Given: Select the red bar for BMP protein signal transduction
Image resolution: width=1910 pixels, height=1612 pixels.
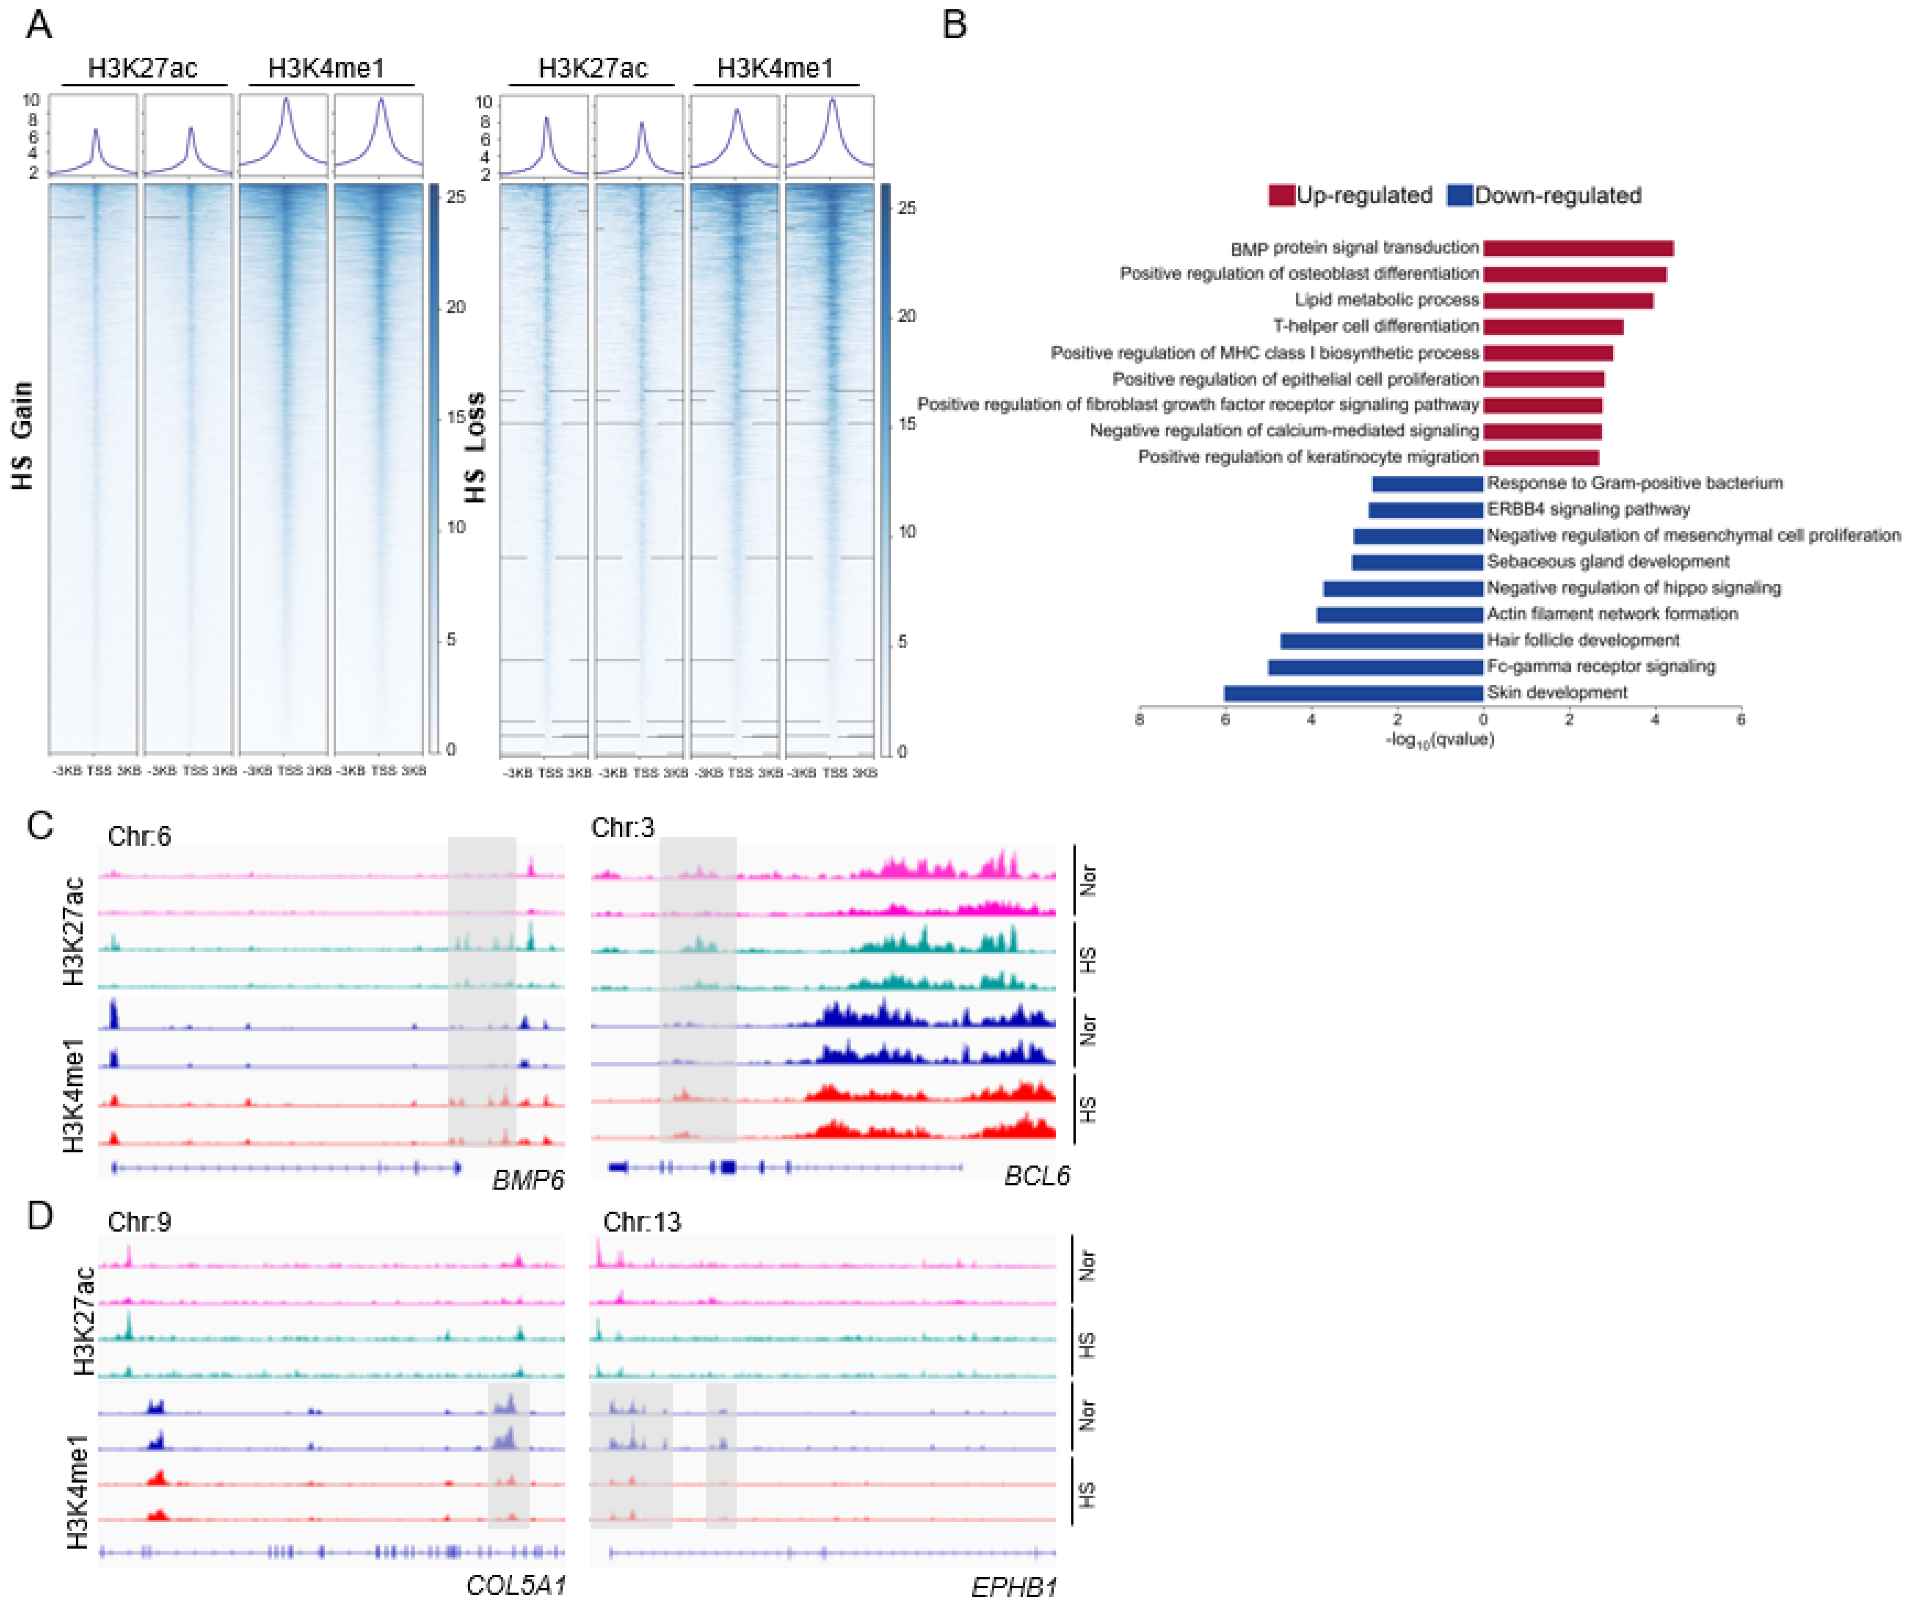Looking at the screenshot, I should click(x=1577, y=248).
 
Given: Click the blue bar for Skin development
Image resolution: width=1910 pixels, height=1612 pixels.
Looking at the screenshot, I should click(x=1353, y=693).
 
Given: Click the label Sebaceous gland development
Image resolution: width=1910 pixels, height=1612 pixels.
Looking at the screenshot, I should click(x=1608, y=561).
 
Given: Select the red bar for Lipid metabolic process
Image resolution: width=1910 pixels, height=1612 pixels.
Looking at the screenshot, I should click(x=1567, y=300).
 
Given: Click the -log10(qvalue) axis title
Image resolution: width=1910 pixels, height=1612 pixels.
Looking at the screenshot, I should click(x=1439, y=739).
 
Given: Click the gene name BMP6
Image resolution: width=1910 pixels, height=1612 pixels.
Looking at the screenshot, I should click(x=527, y=1180).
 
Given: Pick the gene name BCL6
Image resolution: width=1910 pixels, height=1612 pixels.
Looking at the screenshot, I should click(x=1036, y=1175).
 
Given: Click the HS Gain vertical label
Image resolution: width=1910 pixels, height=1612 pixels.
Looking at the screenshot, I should click(x=23, y=436).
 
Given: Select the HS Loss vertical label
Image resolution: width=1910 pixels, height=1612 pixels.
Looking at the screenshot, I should click(x=475, y=448).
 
